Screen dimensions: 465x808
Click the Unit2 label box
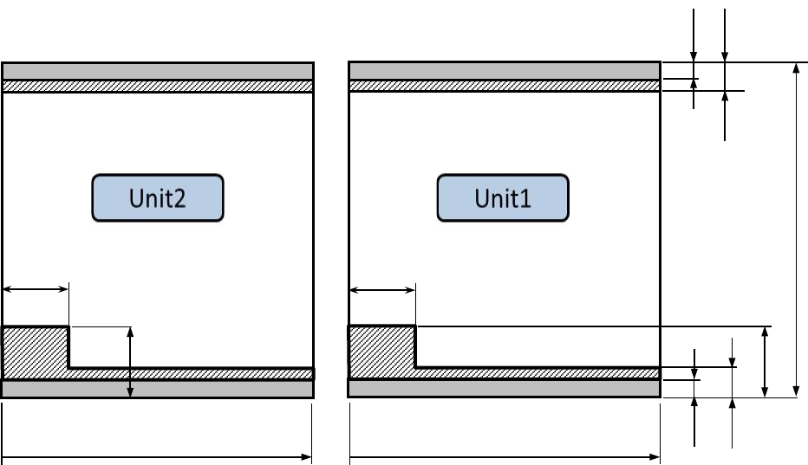click(x=158, y=198)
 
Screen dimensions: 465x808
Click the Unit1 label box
click(x=503, y=198)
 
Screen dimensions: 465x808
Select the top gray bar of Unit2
click(x=157, y=71)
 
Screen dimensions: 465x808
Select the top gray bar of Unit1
click(x=504, y=71)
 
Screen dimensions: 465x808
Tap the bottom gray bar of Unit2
click(x=157, y=389)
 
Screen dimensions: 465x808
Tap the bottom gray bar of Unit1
click(x=504, y=389)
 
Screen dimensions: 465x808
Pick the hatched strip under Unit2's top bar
click(x=157, y=87)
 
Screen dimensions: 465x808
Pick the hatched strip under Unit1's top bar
click(x=504, y=87)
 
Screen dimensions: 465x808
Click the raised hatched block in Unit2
click(x=36, y=351)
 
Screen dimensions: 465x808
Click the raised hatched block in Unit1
click(x=381, y=351)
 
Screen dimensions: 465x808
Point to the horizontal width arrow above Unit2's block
click(x=36, y=289)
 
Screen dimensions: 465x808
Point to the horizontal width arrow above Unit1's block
click(x=382, y=290)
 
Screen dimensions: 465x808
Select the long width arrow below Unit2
click(x=157, y=455)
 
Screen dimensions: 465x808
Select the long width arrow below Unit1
click(x=504, y=455)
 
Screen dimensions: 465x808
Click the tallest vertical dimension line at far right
click(x=797, y=229)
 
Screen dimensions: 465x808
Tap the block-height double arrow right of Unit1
click(x=765, y=362)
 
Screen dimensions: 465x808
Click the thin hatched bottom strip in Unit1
click(x=538, y=373)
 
